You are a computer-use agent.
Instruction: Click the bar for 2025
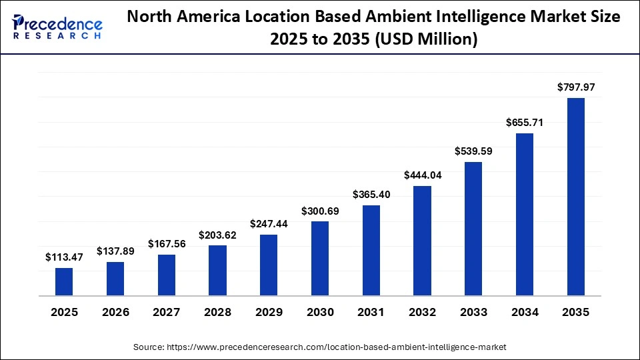click(64, 281)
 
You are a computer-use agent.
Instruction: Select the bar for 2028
click(217, 270)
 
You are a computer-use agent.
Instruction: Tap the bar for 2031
click(371, 250)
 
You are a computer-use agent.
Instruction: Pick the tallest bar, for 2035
click(575, 197)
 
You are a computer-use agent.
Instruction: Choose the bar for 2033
click(473, 229)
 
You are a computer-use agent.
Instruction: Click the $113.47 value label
click(64, 257)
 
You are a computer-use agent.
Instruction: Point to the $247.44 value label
click(269, 223)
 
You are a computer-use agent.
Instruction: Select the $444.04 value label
click(422, 175)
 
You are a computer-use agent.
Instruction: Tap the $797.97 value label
click(575, 87)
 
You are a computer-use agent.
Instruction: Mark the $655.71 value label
click(525, 122)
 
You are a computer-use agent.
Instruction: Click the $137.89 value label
click(115, 251)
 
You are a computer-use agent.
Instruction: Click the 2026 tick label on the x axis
click(115, 312)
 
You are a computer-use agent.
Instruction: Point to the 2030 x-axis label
click(320, 312)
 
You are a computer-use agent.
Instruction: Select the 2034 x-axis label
click(525, 312)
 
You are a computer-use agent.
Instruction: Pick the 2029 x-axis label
click(269, 312)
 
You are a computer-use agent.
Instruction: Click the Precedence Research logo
click(57, 27)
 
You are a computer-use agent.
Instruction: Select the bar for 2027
click(167, 275)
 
